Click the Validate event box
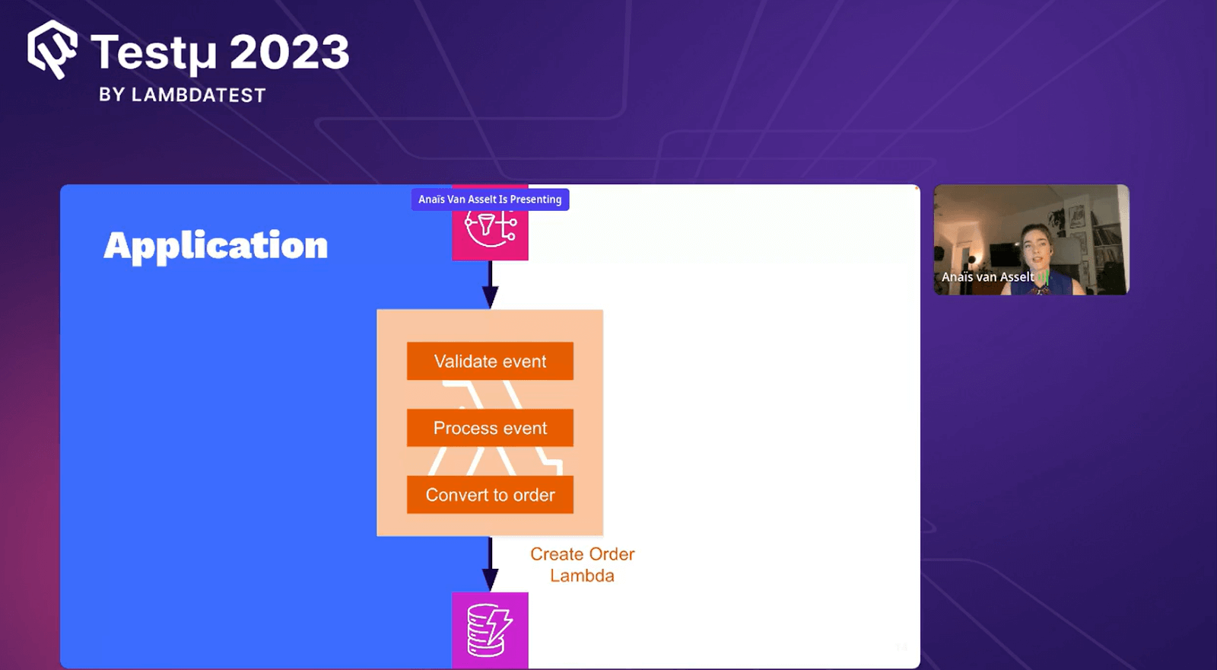click(490, 361)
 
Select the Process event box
click(490, 428)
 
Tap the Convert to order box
click(490, 495)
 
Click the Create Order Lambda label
click(582, 565)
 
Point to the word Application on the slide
click(216, 246)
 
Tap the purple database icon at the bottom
click(490, 630)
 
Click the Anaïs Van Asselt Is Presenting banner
click(490, 199)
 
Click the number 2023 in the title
click(289, 53)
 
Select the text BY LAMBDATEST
click(182, 95)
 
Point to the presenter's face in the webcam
click(1035, 244)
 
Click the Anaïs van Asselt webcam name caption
click(987, 277)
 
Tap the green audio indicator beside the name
click(1043, 277)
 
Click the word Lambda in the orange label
click(582, 576)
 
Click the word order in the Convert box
click(534, 495)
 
